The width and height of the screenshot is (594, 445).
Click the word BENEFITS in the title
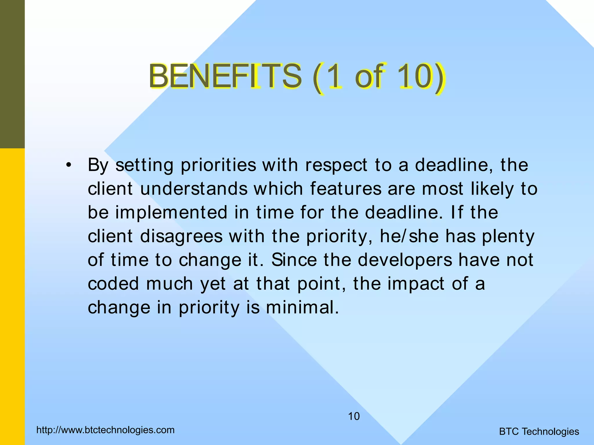[x=225, y=76]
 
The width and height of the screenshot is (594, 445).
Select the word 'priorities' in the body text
[x=218, y=165]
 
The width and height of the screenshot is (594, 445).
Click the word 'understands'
[x=194, y=189]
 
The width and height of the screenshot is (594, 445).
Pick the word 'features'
[x=346, y=189]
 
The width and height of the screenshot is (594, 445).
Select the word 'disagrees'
[x=181, y=236]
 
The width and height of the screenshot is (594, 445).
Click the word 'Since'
[x=294, y=260]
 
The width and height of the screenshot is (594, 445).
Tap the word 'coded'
[x=113, y=284]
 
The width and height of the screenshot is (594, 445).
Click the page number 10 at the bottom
[x=354, y=416]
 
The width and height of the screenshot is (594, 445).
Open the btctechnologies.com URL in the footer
[x=106, y=430]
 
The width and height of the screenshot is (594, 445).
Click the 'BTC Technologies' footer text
[x=539, y=432]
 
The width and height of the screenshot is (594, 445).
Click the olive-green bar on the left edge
[x=12, y=74]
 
